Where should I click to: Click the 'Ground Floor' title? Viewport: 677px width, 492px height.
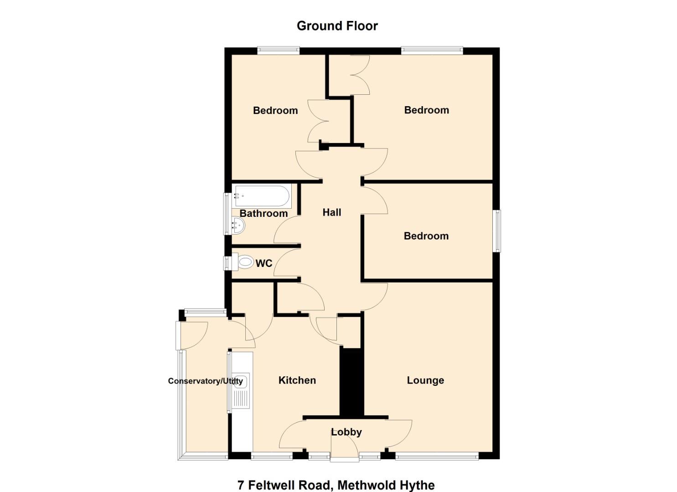337,26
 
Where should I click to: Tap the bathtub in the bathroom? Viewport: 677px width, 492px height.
262,196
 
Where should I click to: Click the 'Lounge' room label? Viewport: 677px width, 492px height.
425,380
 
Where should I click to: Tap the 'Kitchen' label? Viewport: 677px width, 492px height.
297,380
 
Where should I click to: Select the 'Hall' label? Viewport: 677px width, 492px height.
331,212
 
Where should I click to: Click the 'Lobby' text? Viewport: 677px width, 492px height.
346,432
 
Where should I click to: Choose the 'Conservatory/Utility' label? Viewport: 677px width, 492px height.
205,381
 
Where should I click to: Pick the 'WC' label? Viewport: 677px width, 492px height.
264,263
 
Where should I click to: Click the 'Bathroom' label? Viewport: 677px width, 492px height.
264,213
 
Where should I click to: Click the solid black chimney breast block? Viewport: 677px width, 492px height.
351,382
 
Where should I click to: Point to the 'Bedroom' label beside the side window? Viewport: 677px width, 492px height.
426,236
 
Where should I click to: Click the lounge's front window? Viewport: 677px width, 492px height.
437,456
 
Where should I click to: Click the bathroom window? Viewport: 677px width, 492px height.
227,214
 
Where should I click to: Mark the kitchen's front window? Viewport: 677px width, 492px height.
272,456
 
